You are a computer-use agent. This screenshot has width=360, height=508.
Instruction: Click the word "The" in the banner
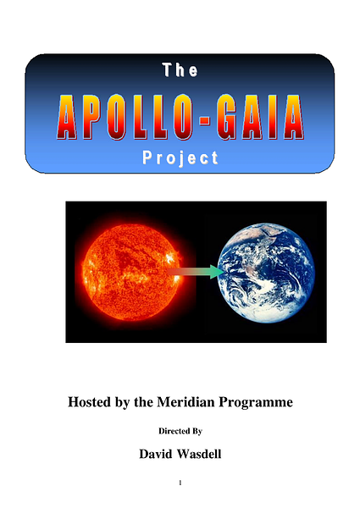[x=180, y=69]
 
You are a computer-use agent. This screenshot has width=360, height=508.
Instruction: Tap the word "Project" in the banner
[x=180, y=158]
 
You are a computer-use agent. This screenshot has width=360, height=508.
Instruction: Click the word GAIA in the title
[x=261, y=117]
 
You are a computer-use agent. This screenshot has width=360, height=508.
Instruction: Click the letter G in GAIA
[x=229, y=117]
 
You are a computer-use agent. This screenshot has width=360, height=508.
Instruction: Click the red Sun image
[x=133, y=272]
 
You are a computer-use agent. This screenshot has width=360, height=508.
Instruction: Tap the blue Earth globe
[x=266, y=273]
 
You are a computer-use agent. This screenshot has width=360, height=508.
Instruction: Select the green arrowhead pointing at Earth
[x=215, y=272]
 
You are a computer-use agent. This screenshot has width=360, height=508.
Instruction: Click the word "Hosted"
[x=89, y=402]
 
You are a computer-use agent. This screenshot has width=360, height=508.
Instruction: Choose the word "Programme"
[x=256, y=403]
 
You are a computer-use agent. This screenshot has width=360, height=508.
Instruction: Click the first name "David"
[x=156, y=454]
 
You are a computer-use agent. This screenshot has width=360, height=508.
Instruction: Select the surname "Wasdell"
[x=199, y=454]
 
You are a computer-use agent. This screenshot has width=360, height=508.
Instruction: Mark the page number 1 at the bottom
[x=180, y=483]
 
